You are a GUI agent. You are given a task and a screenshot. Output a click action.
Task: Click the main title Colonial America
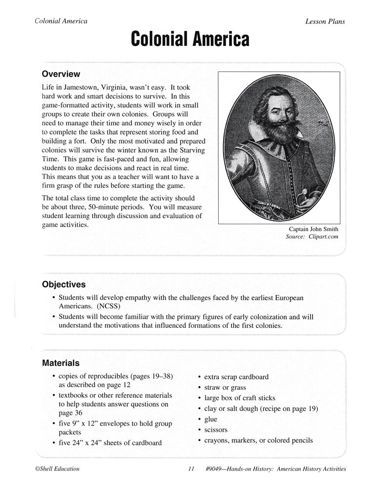(189, 40)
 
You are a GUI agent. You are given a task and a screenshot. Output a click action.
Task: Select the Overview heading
(61, 74)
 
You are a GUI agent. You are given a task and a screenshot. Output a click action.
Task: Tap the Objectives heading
(63, 284)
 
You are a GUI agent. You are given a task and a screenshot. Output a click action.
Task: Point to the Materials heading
(61, 363)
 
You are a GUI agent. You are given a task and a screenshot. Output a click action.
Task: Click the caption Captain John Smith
(313, 229)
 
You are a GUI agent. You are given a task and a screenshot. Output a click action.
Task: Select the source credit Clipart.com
(323, 237)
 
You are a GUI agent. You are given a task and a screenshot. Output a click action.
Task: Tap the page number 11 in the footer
(191, 469)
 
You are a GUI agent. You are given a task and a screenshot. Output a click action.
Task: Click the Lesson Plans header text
(325, 21)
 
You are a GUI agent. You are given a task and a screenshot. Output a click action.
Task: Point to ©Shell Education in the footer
(54, 469)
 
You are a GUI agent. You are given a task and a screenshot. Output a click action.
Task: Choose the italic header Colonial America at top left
(61, 21)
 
